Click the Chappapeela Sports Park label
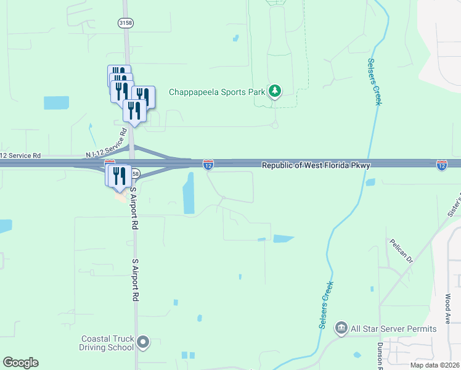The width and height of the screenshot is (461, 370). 217,92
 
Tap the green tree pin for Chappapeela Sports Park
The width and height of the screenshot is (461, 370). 275,92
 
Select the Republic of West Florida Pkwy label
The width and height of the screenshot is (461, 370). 316,165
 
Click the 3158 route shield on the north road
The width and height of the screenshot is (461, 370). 126,22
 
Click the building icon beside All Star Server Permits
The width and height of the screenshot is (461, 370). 341,328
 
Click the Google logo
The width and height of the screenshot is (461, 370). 20,363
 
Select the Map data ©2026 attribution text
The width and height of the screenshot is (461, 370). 434,365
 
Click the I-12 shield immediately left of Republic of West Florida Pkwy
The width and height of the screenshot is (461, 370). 208,165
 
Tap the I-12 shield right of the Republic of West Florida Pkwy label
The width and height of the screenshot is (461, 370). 442,165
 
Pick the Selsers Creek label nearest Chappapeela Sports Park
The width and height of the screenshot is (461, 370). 375,81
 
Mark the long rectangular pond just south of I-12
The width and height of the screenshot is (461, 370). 189,193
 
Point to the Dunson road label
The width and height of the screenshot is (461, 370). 380,352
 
